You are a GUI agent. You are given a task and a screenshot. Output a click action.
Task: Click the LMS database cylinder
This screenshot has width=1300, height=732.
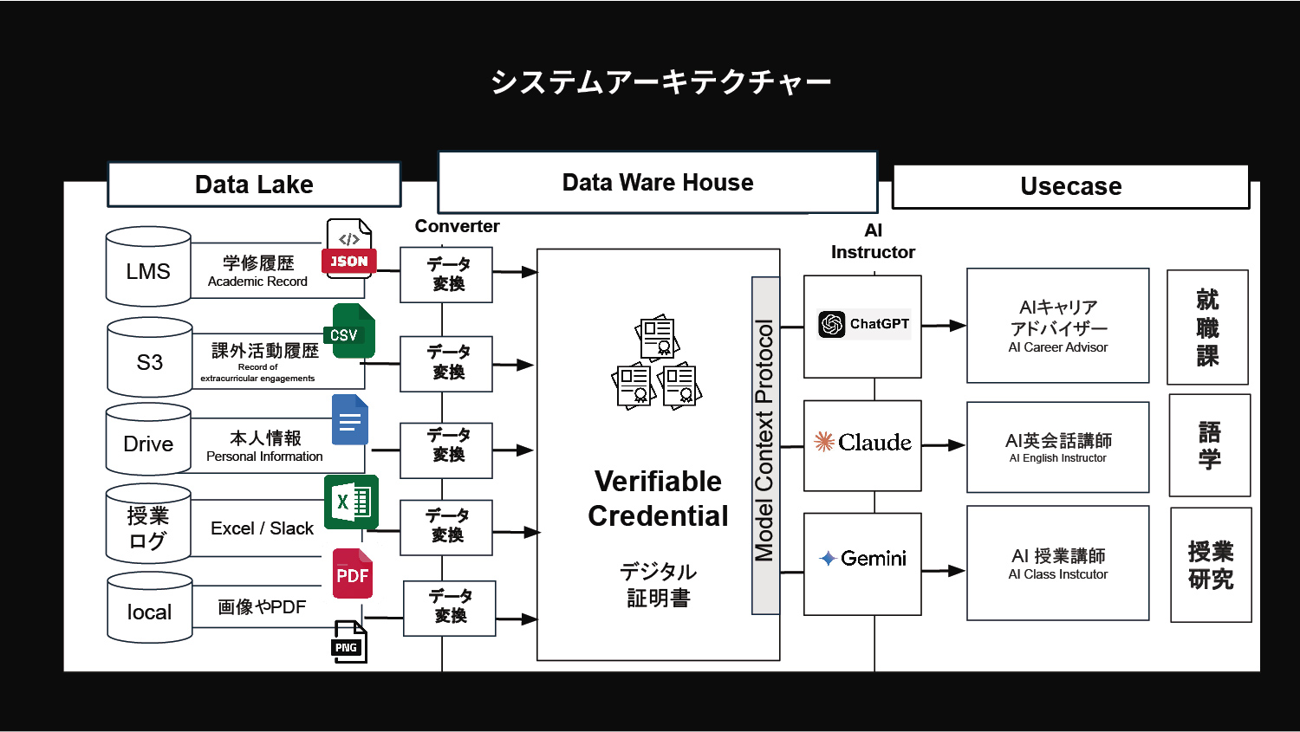pyautogui.click(x=148, y=267)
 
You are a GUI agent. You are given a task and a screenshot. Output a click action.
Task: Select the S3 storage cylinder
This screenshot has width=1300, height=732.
pyautogui.click(x=149, y=358)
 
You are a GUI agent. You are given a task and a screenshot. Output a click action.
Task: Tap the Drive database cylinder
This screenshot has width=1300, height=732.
pyautogui.click(x=148, y=440)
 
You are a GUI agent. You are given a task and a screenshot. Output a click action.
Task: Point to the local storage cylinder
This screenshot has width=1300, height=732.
pyautogui.click(x=149, y=608)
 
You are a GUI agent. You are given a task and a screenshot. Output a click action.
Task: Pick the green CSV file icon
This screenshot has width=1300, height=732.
pyautogui.click(x=349, y=331)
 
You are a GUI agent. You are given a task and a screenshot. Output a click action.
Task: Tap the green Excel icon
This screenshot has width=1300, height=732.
pyautogui.click(x=351, y=502)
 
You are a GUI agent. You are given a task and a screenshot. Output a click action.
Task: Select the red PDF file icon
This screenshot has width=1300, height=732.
pyautogui.click(x=353, y=573)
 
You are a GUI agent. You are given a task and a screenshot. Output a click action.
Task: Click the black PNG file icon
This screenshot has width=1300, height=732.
pyautogui.click(x=349, y=642)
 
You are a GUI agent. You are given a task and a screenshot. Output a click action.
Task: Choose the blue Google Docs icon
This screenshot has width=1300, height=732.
pyautogui.click(x=350, y=420)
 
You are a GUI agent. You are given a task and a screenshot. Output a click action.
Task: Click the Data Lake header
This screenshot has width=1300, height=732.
pyautogui.click(x=254, y=185)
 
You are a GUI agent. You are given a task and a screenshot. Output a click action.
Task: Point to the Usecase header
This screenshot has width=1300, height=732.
pyautogui.click(x=1070, y=186)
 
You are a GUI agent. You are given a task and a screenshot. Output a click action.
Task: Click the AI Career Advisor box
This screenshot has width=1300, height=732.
pyautogui.click(x=1057, y=326)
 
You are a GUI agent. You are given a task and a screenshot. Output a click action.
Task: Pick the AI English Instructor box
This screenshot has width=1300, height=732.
pyautogui.click(x=1057, y=447)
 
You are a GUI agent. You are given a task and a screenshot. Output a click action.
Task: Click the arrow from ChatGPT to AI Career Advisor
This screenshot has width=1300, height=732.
pyautogui.click(x=944, y=326)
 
